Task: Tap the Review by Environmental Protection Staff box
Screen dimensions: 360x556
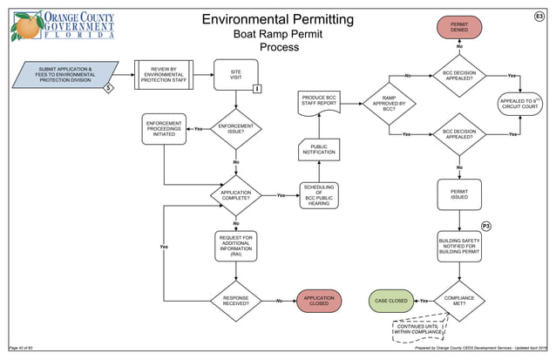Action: [164, 74]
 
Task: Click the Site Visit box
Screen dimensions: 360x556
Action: [236, 74]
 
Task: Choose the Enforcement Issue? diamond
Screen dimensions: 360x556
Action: [236, 130]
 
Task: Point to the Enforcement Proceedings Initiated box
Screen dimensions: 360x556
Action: [164, 130]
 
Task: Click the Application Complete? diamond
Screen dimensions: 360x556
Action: [236, 196]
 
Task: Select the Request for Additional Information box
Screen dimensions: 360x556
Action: [236, 247]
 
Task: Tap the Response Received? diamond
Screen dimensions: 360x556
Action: [236, 301]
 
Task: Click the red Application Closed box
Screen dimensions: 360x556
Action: [319, 301]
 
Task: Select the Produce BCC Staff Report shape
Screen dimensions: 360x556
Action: [319, 101]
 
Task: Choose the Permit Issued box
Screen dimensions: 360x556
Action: [458, 194]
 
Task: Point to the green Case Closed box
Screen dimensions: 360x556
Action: [391, 301]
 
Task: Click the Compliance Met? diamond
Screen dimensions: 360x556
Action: [458, 301]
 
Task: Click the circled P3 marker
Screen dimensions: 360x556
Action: [487, 227]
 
